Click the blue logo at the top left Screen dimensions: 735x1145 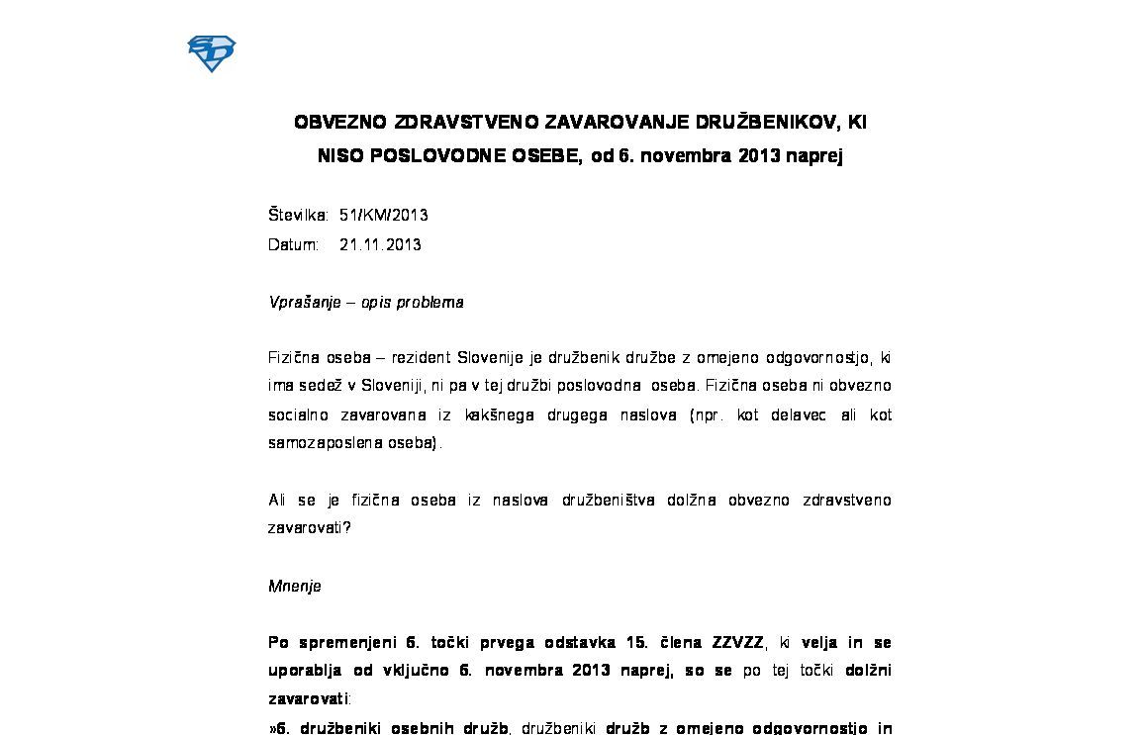211,53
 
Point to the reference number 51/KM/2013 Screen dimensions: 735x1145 383,215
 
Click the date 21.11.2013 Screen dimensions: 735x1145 380,244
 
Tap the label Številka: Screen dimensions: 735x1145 298,215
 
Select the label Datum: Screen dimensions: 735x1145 293,244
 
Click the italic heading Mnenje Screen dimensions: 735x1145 294,586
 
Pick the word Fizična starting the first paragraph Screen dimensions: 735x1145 294,357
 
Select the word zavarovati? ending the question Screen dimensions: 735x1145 309,527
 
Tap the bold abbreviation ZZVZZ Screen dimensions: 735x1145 737,642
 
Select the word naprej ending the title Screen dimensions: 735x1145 814,156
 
